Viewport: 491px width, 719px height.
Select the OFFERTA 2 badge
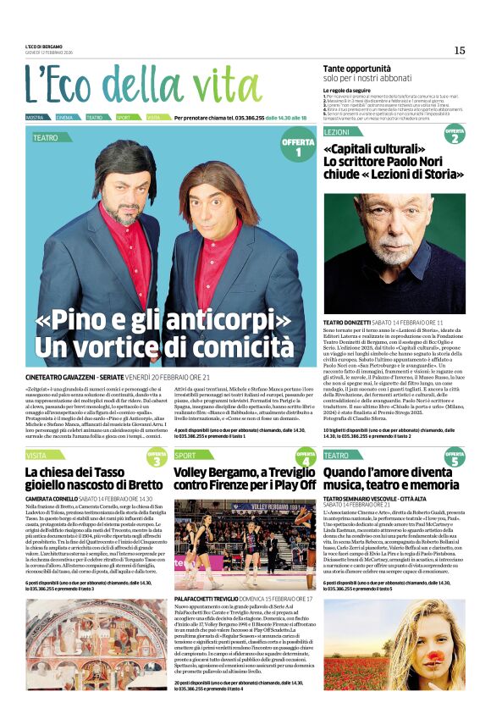[455, 134]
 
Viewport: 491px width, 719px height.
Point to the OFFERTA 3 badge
[157, 458]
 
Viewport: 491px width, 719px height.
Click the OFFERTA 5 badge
[455, 458]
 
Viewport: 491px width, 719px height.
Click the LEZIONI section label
[336, 134]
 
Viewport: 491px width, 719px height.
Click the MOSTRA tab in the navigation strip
[35, 117]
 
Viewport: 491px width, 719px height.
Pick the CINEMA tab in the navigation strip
[64, 117]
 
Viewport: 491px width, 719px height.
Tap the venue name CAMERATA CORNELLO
[51, 500]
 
